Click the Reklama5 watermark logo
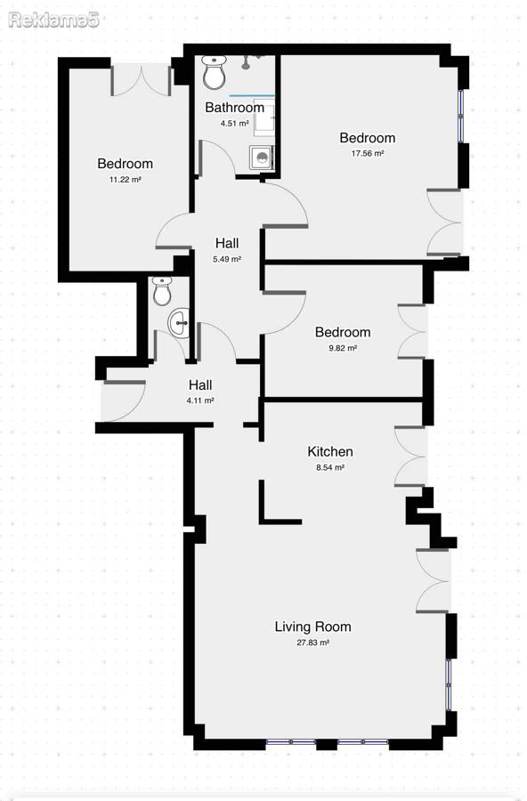point(53,20)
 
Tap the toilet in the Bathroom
point(215,72)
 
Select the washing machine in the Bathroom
point(261,158)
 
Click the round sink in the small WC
point(179,323)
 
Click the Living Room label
point(312,627)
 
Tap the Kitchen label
point(330,451)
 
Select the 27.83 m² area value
point(312,643)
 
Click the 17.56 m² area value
point(367,153)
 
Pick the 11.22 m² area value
point(126,179)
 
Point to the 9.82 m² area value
point(343,348)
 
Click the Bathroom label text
point(235,108)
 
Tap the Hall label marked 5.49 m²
point(227,243)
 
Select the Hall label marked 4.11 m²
point(200,385)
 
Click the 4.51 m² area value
point(235,123)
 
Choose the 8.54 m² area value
point(330,467)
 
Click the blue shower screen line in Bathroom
point(252,95)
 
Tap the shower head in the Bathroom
point(247,63)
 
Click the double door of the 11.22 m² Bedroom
point(141,80)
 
